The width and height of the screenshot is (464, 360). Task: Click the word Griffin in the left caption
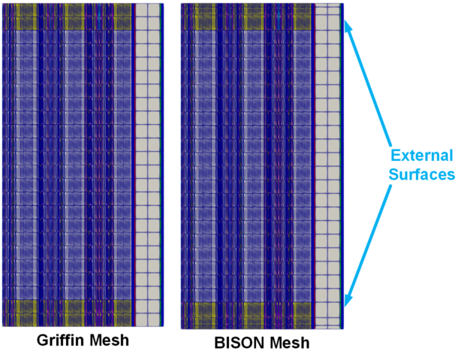click(61, 340)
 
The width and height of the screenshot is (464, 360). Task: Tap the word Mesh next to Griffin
click(109, 340)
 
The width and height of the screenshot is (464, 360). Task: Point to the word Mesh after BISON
click(290, 343)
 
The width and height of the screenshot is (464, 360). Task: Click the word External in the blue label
click(422, 156)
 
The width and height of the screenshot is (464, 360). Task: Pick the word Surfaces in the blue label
click(422, 174)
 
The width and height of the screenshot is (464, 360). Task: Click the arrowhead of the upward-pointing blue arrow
click(349, 26)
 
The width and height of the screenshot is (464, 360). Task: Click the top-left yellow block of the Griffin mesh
click(26, 17)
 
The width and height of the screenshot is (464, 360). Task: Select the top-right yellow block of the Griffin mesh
click(122, 17)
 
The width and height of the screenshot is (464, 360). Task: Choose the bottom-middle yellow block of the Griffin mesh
click(74, 313)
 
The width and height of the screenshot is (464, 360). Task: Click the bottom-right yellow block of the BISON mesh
click(302, 315)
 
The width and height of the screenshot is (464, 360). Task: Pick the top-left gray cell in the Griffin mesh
click(141, 10)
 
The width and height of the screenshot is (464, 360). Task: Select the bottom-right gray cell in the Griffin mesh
click(154, 320)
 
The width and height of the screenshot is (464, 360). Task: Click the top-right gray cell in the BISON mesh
click(333, 10)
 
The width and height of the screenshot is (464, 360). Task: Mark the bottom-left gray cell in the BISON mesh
click(321, 323)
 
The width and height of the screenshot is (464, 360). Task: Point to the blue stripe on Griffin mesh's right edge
click(162, 165)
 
